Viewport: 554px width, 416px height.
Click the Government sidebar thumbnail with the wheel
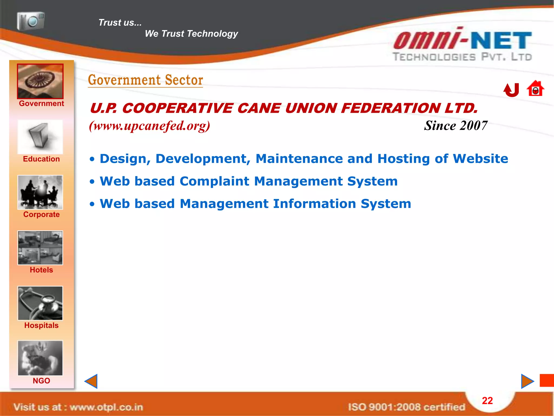[x=40, y=81]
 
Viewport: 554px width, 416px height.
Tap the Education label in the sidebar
[x=41, y=159]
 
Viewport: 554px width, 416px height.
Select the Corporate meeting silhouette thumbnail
[x=40, y=192]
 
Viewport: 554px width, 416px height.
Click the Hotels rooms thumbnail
[x=40, y=248]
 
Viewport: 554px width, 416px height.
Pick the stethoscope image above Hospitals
[x=40, y=303]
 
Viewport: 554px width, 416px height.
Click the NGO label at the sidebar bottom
[x=41, y=381]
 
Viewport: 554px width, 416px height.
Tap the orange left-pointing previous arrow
[x=91, y=381]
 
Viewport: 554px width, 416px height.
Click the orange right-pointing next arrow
[x=527, y=381]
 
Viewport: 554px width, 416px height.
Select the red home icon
[x=535, y=89]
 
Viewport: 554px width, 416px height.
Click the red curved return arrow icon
[x=511, y=90]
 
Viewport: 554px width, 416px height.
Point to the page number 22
[x=487, y=401]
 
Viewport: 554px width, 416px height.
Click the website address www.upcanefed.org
[x=150, y=126]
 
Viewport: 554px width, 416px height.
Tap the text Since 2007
[x=456, y=126]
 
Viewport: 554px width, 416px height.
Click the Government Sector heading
[x=146, y=80]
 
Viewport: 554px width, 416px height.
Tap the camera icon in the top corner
[x=31, y=21]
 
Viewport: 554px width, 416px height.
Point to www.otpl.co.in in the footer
[x=106, y=407]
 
